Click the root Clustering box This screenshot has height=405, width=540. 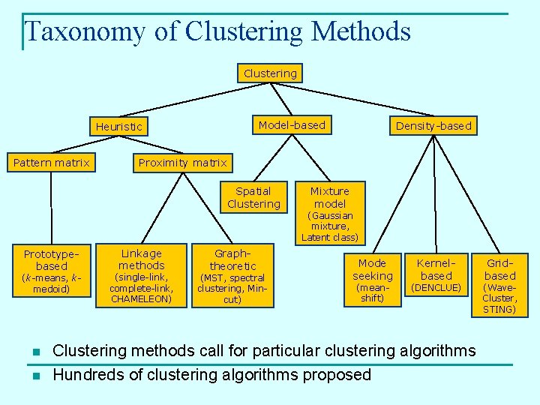(270, 73)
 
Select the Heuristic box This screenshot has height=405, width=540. (118, 126)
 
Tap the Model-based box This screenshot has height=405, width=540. (292, 125)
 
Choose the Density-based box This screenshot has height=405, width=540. (433, 126)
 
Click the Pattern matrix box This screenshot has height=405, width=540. (51, 162)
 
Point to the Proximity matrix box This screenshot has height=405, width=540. (182, 162)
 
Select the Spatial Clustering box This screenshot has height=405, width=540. (253, 197)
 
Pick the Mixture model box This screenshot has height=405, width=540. (330, 197)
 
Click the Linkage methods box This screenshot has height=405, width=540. (142, 259)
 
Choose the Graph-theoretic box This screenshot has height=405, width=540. (232, 259)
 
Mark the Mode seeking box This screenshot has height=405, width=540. (372, 269)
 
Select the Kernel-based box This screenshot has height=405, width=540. (436, 269)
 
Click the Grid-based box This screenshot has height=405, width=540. (499, 269)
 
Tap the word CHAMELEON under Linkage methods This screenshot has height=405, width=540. (142, 299)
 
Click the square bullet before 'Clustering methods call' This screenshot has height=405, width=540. (35, 352)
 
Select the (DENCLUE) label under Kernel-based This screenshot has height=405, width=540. (436, 287)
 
